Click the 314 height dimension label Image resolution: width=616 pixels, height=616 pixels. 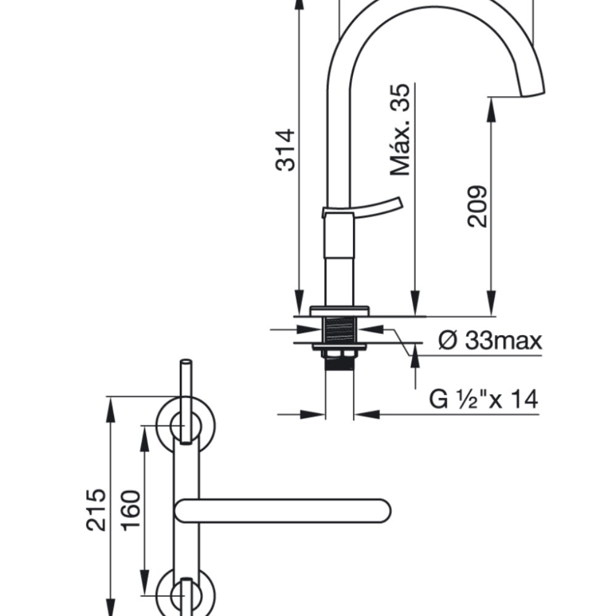click(x=285, y=150)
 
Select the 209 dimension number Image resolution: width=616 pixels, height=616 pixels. click(x=477, y=206)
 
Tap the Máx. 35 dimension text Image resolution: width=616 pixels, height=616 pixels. click(x=400, y=129)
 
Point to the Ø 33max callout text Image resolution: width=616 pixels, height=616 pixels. click(x=490, y=340)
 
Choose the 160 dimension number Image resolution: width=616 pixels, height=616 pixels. click(x=131, y=511)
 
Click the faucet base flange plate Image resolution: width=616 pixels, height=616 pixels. click(x=339, y=309)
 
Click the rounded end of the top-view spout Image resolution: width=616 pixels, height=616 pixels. click(x=382, y=511)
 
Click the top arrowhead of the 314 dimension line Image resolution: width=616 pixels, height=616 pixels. click(x=299, y=5)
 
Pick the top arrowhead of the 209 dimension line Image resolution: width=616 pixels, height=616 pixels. click(x=491, y=104)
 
